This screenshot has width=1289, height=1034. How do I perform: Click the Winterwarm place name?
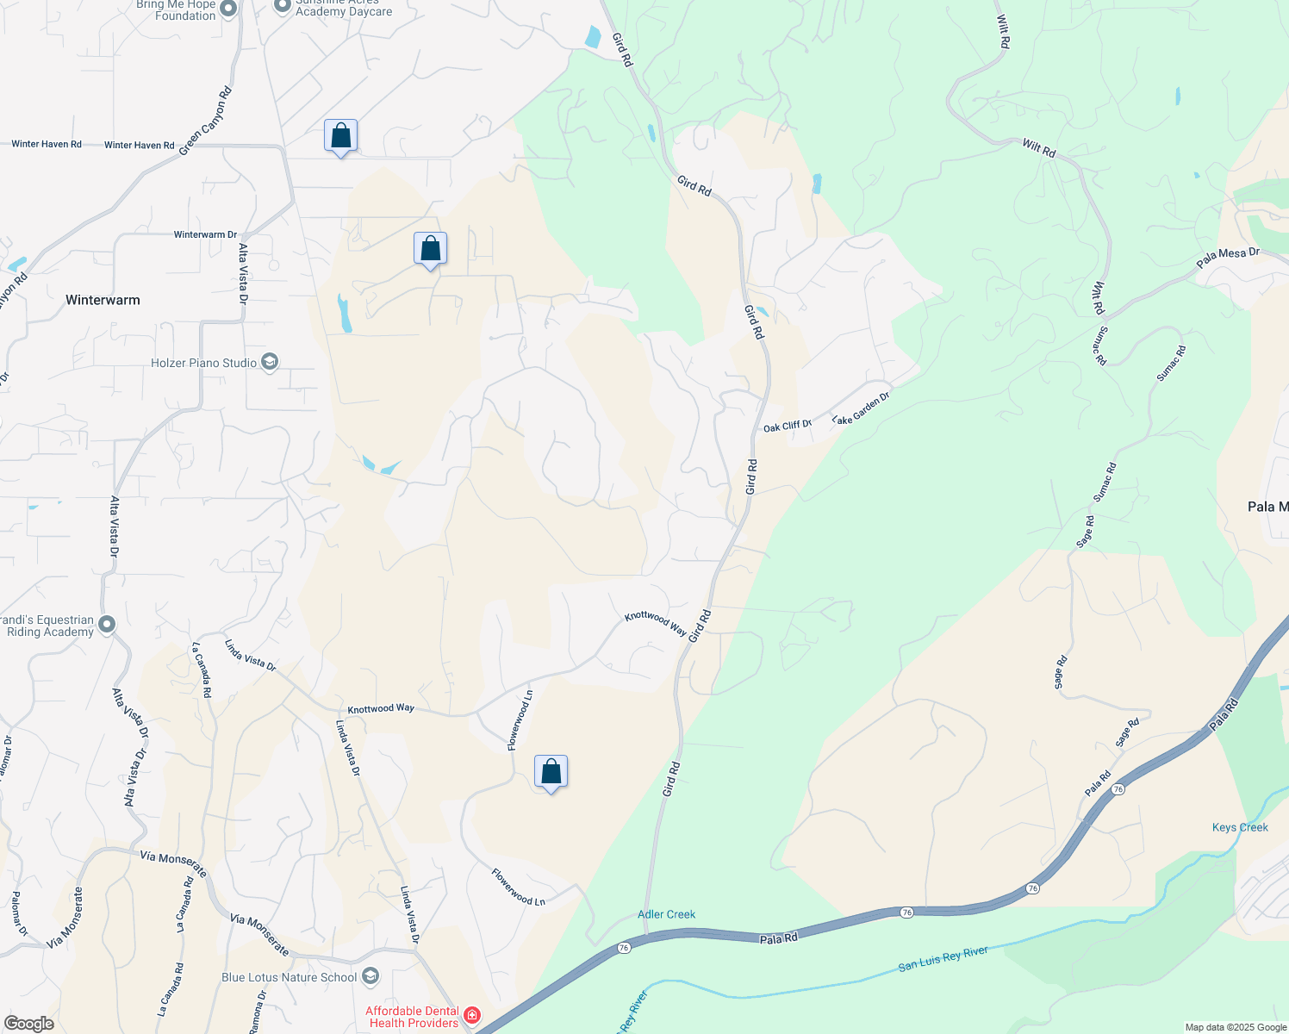pyautogui.click(x=103, y=300)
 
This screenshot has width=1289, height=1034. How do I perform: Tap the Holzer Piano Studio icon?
pyautogui.click(x=270, y=362)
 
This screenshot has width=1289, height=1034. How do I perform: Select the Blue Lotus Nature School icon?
pyautogui.click(x=371, y=976)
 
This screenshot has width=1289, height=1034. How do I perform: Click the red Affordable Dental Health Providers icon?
pyautogui.click(x=471, y=1015)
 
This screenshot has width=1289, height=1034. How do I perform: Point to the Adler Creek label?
pyautogui.click(x=666, y=914)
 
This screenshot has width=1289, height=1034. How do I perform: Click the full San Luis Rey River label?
pyautogui.click(x=943, y=958)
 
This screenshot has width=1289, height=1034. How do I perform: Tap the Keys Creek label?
pyautogui.click(x=1240, y=827)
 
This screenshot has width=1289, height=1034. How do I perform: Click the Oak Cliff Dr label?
pyautogui.click(x=787, y=427)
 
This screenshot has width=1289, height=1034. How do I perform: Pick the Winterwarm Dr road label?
pyautogui.click(x=205, y=234)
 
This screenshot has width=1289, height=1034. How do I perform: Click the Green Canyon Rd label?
pyautogui.click(x=206, y=121)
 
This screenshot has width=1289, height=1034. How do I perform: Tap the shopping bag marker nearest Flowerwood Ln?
pyautogui.click(x=551, y=772)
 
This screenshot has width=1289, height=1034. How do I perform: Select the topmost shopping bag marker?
pyautogui.click(x=340, y=136)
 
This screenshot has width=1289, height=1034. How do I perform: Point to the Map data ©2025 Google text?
pyautogui.click(x=1235, y=1027)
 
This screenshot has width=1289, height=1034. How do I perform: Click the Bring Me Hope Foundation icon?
pyautogui.click(x=228, y=9)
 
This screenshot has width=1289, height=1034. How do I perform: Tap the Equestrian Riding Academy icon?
pyautogui.click(x=107, y=625)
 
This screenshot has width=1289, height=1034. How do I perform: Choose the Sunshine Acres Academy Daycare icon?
pyautogui.click(x=282, y=6)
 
